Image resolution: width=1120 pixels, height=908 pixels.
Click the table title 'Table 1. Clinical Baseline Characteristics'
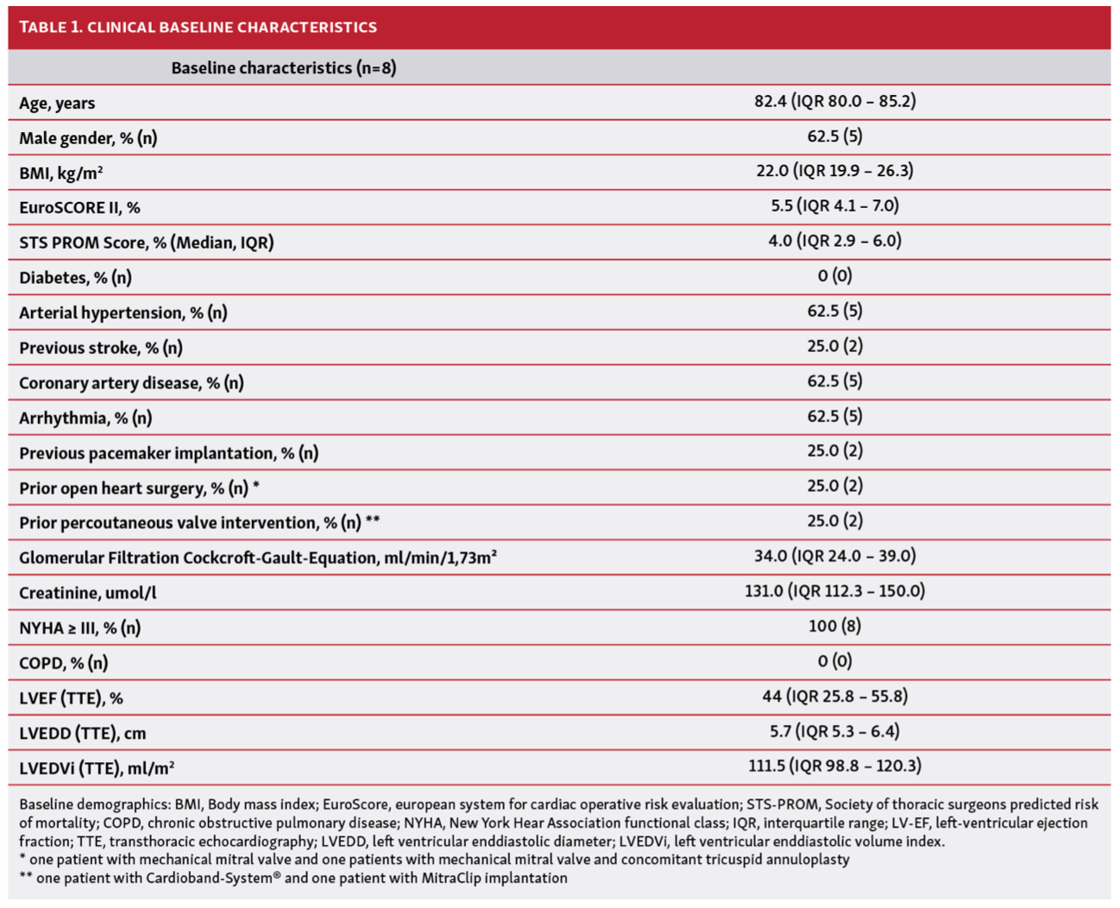(x=198, y=27)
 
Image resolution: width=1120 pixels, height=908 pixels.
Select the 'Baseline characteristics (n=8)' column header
(x=283, y=67)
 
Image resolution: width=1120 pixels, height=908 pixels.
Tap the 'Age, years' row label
(x=57, y=103)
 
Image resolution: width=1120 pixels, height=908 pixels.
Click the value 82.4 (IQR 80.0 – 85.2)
(x=834, y=101)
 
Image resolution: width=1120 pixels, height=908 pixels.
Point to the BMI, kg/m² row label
(x=61, y=173)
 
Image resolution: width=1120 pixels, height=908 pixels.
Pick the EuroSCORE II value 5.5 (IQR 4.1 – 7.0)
(x=834, y=205)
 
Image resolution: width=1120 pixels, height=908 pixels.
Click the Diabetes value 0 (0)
(x=834, y=276)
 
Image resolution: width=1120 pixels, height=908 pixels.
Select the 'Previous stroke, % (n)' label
(x=101, y=348)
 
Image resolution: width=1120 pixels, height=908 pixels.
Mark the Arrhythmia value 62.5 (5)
(x=834, y=416)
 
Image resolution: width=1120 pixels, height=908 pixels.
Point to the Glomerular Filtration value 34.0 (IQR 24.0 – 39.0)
(x=834, y=556)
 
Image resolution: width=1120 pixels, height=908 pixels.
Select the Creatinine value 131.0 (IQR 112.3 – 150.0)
(x=834, y=591)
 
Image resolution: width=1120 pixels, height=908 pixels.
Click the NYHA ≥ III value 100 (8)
(x=834, y=626)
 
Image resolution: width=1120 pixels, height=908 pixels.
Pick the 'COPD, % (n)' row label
(x=64, y=663)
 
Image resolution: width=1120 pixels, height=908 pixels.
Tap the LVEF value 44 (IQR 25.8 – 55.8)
(x=834, y=697)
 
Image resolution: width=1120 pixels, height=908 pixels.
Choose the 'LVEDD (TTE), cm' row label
(x=83, y=733)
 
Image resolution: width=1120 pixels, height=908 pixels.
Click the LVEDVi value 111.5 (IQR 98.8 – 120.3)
(x=834, y=766)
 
